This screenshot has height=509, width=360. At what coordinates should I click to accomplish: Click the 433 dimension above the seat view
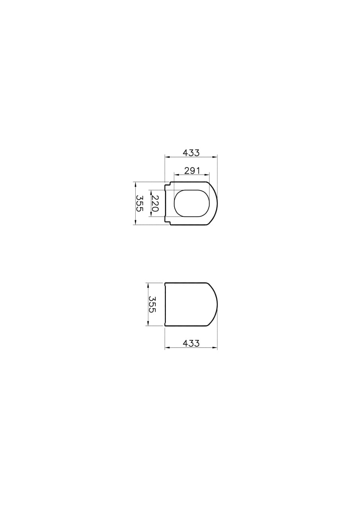191,152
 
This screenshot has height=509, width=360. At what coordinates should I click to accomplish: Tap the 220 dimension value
155,203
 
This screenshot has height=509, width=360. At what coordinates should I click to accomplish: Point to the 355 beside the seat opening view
140,203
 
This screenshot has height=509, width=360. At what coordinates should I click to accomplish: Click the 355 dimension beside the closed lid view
152,304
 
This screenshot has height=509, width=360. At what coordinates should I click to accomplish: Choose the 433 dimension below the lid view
191,343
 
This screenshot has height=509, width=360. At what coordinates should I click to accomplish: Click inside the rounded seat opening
192,203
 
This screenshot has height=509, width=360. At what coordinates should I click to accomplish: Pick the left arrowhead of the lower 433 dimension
167,348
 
